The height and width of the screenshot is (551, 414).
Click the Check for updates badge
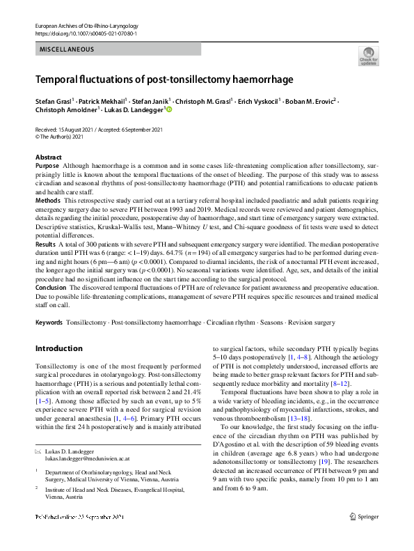[x=367, y=55]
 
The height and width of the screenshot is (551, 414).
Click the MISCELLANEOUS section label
[x=66, y=49]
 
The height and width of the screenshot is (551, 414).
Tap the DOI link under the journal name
[x=86, y=33]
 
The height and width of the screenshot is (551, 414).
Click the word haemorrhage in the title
[x=244, y=79]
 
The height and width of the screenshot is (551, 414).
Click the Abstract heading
[x=48, y=157]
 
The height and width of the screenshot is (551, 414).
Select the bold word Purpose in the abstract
[x=47, y=166]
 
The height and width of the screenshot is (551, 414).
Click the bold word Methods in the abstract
[x=48, y=199]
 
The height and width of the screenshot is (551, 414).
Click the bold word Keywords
[x=49, y=324]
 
